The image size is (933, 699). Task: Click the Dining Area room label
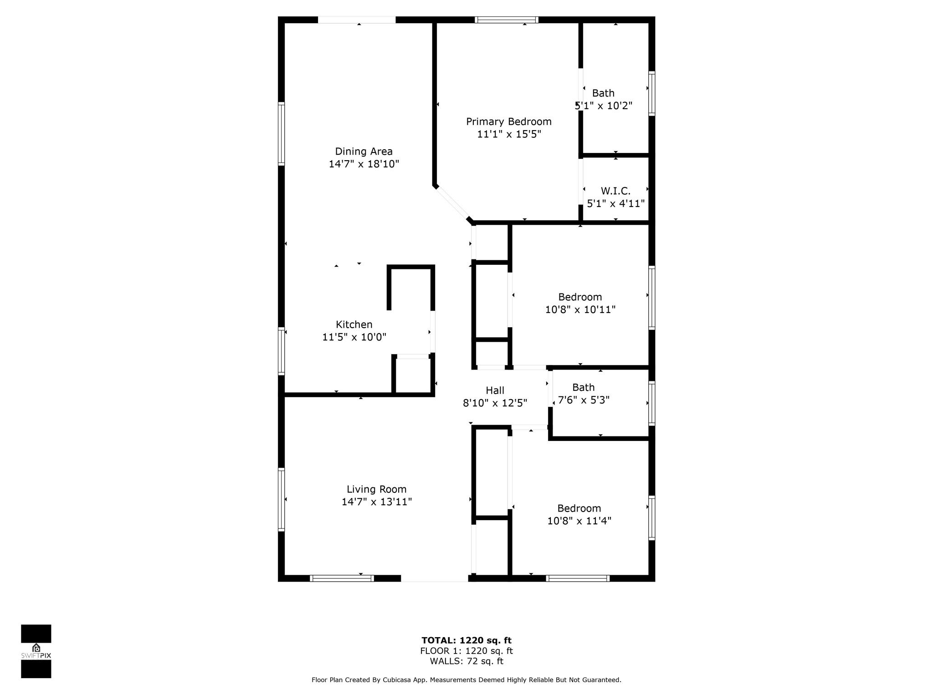click(x=364, y=152)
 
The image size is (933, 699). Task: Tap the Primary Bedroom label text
click(x=508, y=122)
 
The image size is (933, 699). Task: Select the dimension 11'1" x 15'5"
click(x=509, y=134)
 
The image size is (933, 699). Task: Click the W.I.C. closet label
click(x=615, y=191)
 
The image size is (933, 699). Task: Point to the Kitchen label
click(x=354, y=324)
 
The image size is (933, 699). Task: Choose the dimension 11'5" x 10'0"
click(x=354, y=337)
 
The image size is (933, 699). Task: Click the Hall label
click(x=495, y=390)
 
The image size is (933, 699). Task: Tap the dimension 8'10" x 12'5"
click(x=495, y=403)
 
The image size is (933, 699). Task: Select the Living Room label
click(x=376, y=489)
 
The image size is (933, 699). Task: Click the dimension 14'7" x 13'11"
click(x=377, y=501)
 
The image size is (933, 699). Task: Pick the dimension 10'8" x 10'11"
click(x=580, y=309)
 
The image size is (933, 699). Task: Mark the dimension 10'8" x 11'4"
click(x=579, y=521)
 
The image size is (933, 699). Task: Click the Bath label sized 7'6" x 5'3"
click(x=583, y=387)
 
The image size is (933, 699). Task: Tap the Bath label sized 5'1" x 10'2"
click(x=603, y=93)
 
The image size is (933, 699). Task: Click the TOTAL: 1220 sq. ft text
click(x=466, y=641)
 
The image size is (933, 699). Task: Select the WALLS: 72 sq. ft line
click(x=466, y=661)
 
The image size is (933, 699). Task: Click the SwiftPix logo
click(x=36, y=651)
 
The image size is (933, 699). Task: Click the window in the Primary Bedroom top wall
click(x=507, y=20)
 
